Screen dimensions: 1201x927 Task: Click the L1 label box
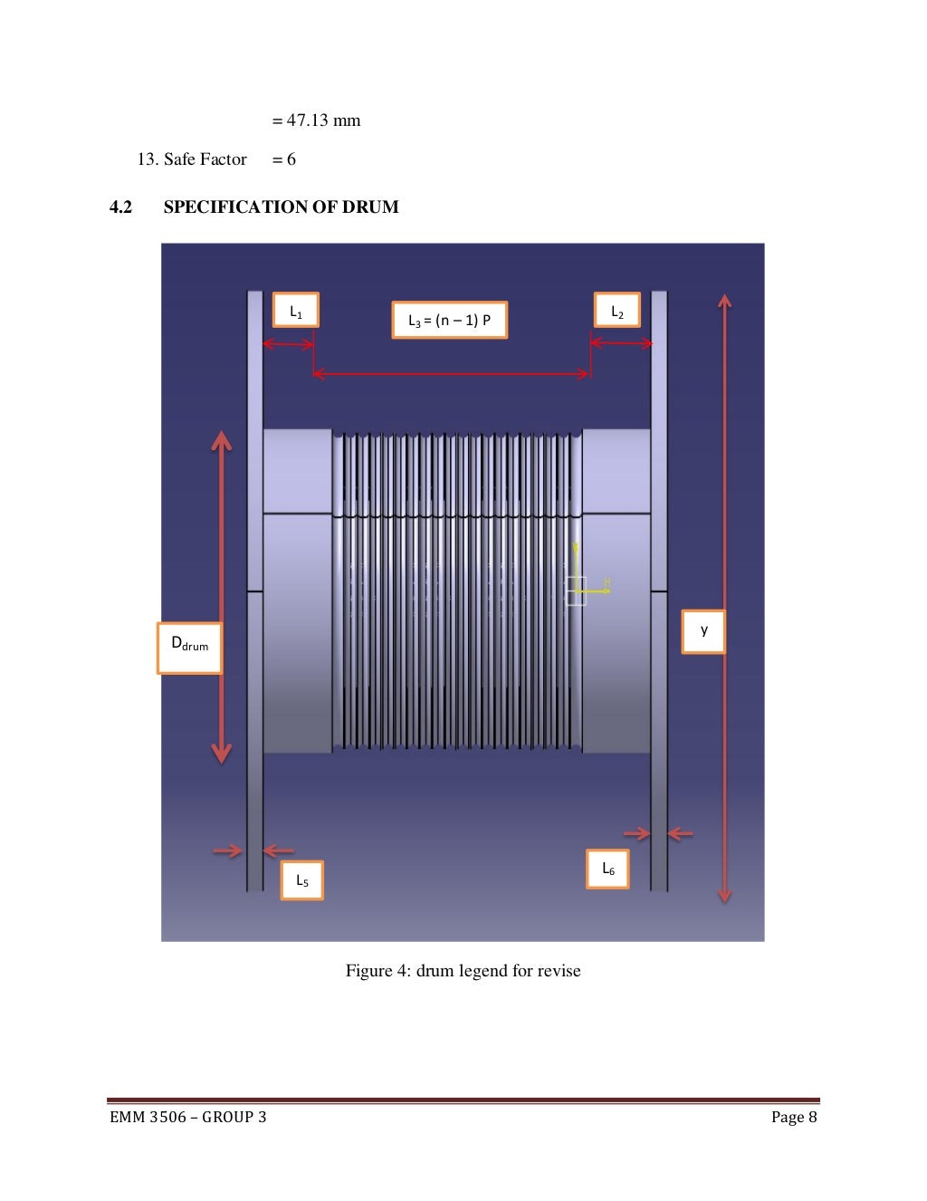[x=296, y=311]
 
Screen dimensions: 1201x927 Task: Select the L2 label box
[x=617, y=311]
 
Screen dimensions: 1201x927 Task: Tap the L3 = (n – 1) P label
[x=449, y=320]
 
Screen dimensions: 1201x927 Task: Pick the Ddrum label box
[x=189, y=647]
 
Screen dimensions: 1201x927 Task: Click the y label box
[x=703, y=630]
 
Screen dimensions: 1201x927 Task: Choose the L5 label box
[x=301, y=879]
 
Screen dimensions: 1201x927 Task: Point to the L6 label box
[x=607, y=870]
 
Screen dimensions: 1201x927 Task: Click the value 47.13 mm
[x=323, y=120]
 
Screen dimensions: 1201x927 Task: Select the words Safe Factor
[x=205, y=159]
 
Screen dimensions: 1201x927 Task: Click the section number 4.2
[x=120, y=207]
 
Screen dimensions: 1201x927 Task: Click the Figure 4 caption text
[x=463, y=971]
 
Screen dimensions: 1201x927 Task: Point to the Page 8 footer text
[x=794, y=1117]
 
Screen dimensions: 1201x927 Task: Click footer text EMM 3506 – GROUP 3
[x=188, y=1117]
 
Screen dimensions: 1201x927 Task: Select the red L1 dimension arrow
[x=288, y=344]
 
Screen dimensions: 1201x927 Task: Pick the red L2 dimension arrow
[x=621, y=343]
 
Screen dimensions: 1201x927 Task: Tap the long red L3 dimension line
[x=452, y=373]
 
